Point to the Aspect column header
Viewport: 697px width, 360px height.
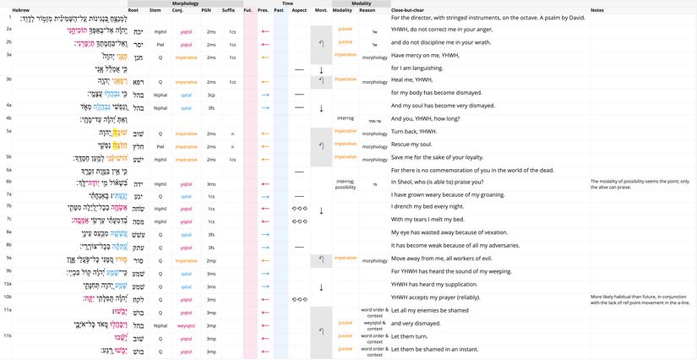coord(299,10)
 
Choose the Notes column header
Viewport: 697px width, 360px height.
coord(596,10)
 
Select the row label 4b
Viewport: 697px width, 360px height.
coord(8,118)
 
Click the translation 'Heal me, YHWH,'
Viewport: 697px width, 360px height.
coord(414,79)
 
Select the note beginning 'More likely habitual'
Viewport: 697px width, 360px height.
coord(642,299)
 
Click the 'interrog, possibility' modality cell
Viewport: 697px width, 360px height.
coord(346,183)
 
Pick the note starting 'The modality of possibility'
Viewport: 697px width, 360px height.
coord(642,183)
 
